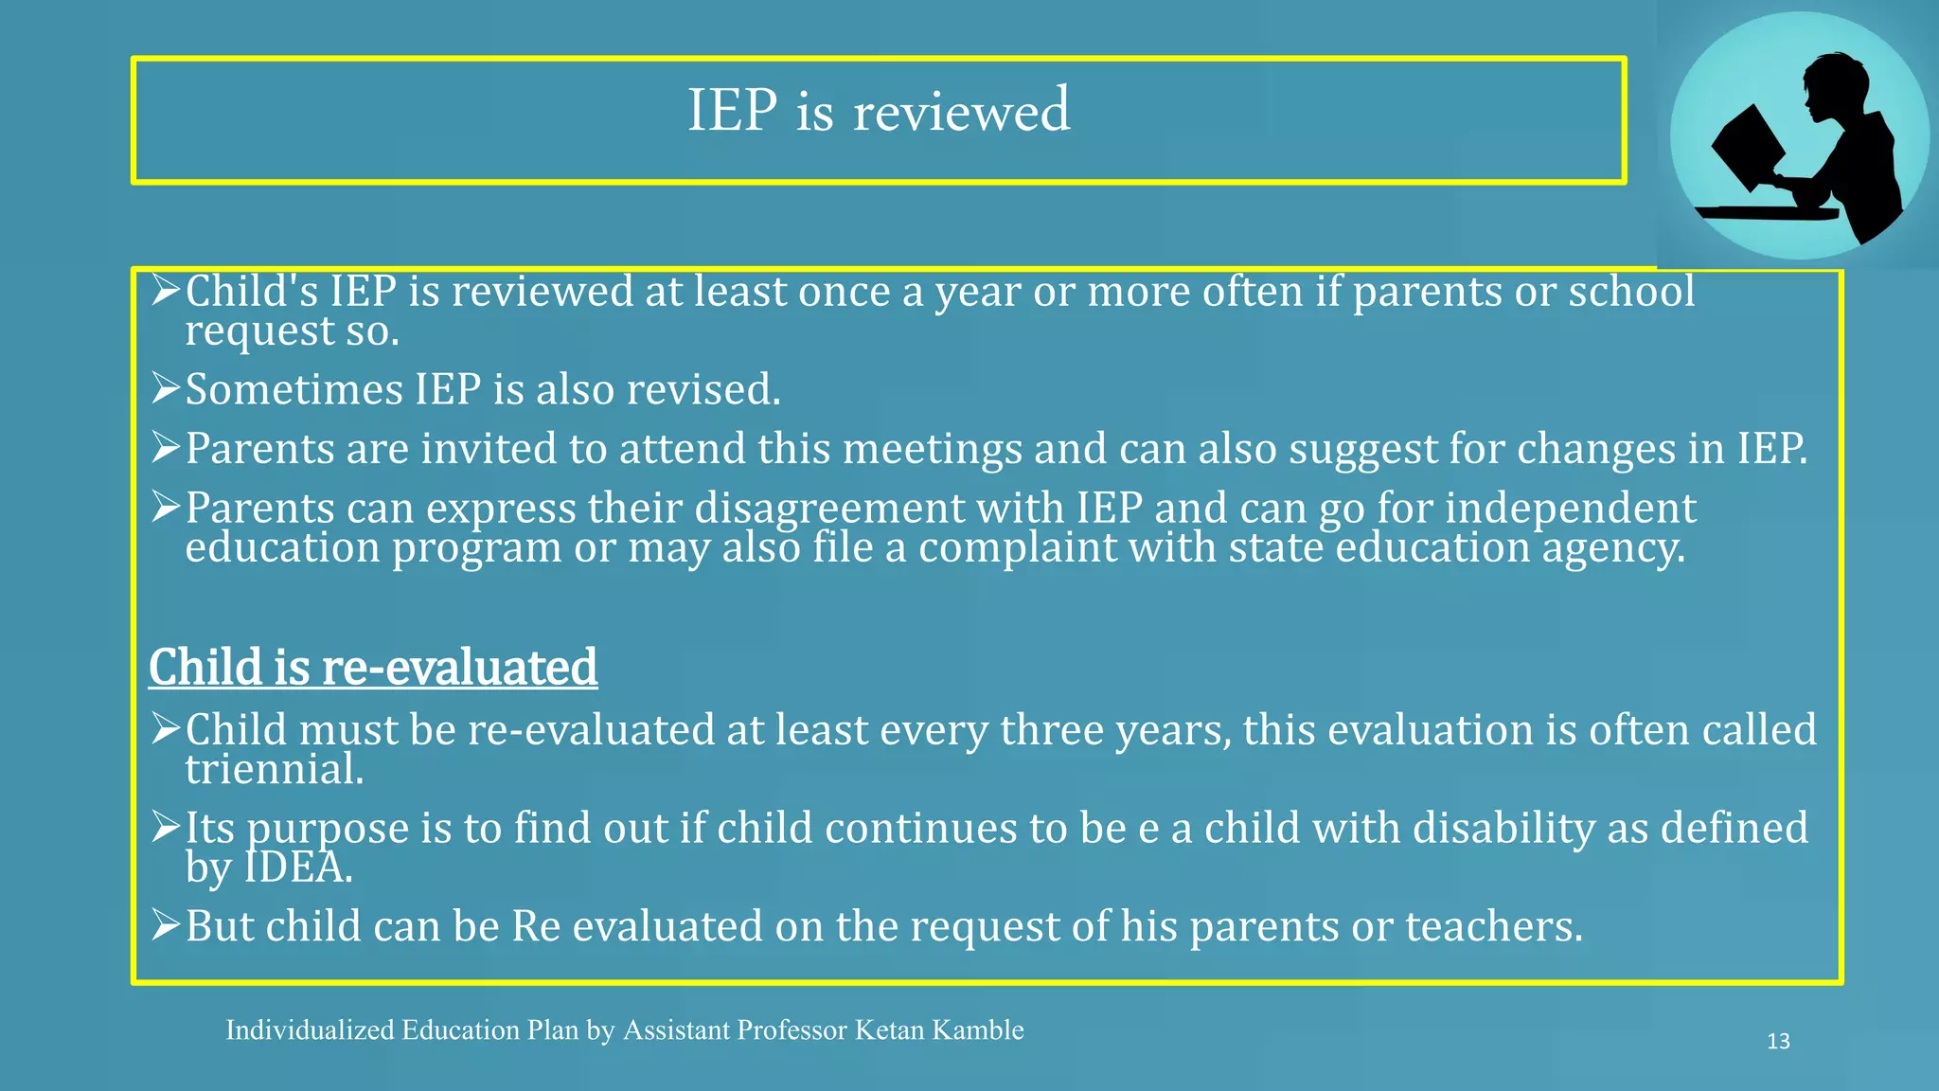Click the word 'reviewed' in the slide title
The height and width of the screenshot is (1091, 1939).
[x=962, y=112]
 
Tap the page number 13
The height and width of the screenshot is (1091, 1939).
[x=1778, y=1042]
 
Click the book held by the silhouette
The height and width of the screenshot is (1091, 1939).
[x=1747, y=147]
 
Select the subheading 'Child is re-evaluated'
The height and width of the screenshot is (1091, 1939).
[x=373, y=667]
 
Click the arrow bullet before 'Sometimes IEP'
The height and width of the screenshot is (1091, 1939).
[x=165, y=388]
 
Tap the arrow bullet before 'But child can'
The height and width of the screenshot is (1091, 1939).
[x=165, y=925]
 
